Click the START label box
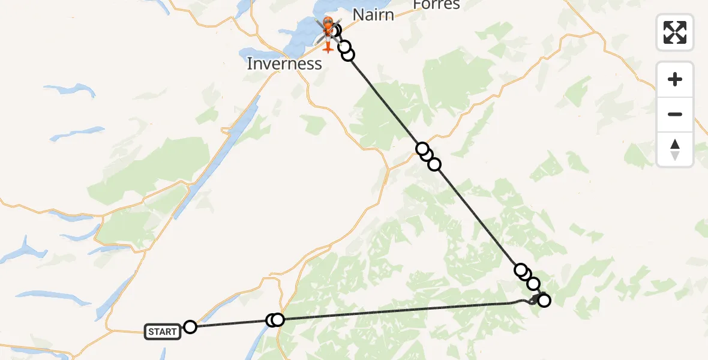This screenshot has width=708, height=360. coord(163,332)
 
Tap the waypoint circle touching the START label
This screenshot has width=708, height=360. coord(190,327)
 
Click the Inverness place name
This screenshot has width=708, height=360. coord(284,64)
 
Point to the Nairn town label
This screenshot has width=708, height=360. coord(373,14)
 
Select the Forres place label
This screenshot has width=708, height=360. coord(436,5)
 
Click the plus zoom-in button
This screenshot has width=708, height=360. coord(675,79)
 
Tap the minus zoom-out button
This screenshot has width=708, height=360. coord(675,114)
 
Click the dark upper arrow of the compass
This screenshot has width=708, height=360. coord(675,145)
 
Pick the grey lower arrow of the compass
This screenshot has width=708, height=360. coord(675,155)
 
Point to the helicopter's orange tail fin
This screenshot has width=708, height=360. coord(328,47)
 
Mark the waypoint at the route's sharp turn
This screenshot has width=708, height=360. coord(544,301)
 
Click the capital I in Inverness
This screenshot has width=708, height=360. coord(250,64)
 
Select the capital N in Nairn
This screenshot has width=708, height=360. coord(358,14)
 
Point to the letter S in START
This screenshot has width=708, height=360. coord(151,332)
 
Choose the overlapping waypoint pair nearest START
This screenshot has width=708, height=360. coord(275,320)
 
